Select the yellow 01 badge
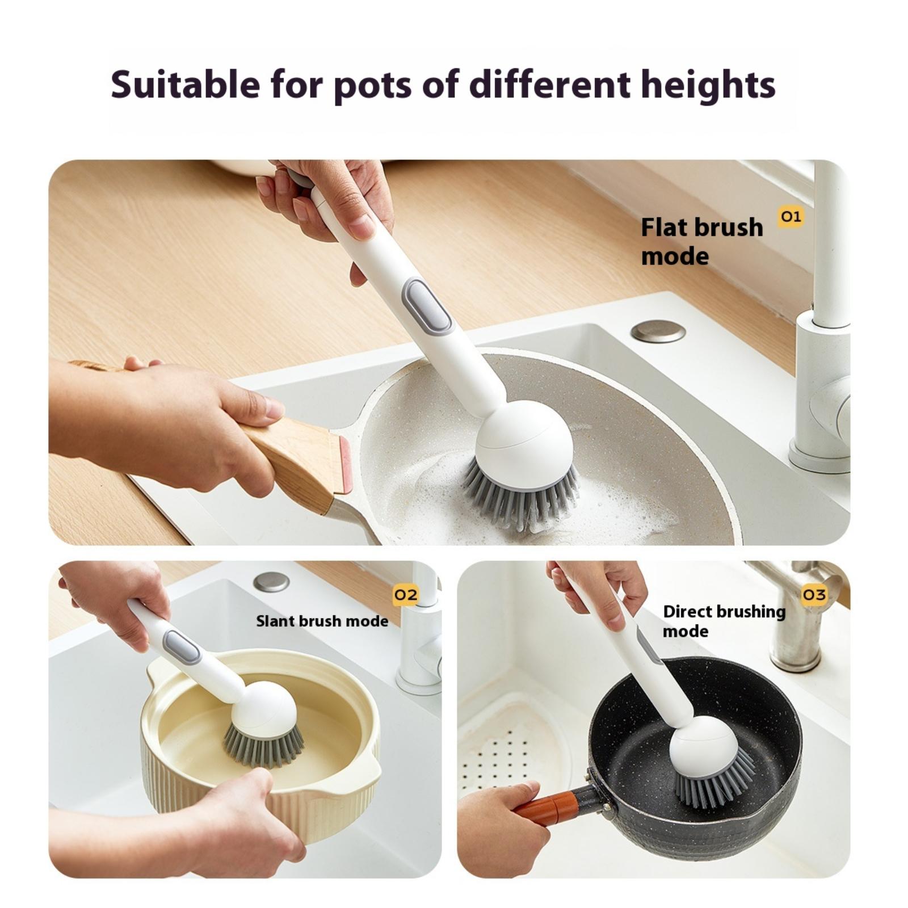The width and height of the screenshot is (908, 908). (x=791, y=216)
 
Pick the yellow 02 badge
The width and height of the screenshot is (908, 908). (x=406, y=595)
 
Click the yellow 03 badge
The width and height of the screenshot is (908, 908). (x=814, y=595)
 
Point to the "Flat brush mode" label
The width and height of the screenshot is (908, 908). (x=702, y=242)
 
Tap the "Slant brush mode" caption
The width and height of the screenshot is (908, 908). (x=322, y=621)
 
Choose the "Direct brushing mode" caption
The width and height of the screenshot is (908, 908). (x=724, y=621)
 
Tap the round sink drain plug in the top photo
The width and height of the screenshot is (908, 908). (x=658, y=331)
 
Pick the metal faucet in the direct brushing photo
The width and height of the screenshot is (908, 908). (x=797, y=616)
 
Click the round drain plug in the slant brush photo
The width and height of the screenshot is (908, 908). (x=271, y=582)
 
